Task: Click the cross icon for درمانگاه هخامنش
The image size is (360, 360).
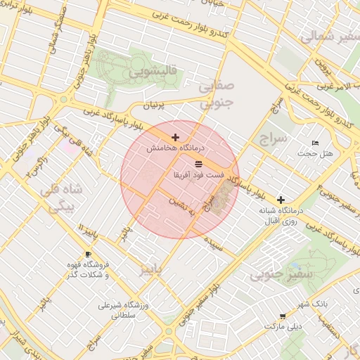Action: coord(175,137)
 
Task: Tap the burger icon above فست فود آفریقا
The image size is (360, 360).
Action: coord(198,163)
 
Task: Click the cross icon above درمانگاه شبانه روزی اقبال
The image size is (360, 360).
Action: coord(281,200)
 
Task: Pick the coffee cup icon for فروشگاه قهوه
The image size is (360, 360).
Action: coord(88,254)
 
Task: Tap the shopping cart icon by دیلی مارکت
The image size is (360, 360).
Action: coord(283,317)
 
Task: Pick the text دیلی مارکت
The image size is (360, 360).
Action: coord(282,327)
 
